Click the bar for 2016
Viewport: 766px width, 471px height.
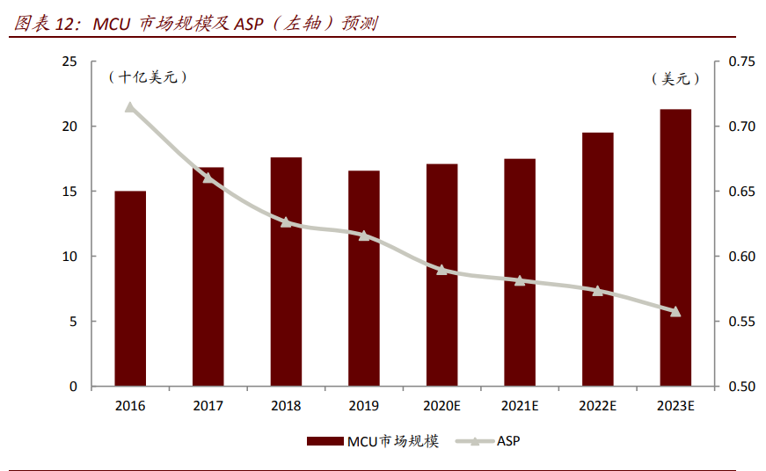coord(130,288)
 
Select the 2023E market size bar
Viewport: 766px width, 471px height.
coord(675,248)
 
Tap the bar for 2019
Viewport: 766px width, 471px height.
coord(364,279)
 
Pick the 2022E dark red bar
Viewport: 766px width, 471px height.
coord(598,259)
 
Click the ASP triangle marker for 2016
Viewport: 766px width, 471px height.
coord(130,107)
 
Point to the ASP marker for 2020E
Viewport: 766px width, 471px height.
coord(441,270)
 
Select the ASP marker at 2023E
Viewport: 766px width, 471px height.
coord(675,311)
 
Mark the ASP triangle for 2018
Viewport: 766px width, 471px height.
coord(286,222)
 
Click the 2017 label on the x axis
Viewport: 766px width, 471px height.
coord(208,406)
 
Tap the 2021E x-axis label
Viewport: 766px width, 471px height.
coord(520,406)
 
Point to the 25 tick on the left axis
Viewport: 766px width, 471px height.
coord(69,62)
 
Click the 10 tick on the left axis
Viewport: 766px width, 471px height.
coord(69,257)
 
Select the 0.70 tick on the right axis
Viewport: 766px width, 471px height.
coord(741,127)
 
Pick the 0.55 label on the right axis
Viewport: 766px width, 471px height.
coord(741,321)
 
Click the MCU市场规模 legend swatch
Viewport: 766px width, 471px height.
coord(325,441)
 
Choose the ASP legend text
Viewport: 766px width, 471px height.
coord(508,441)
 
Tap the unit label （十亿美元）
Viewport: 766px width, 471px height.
coord(148,77)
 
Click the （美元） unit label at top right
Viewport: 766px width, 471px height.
coord(675,78)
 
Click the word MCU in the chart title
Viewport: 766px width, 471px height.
coord(112,24)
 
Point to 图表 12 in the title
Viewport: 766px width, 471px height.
coord(43,23)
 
